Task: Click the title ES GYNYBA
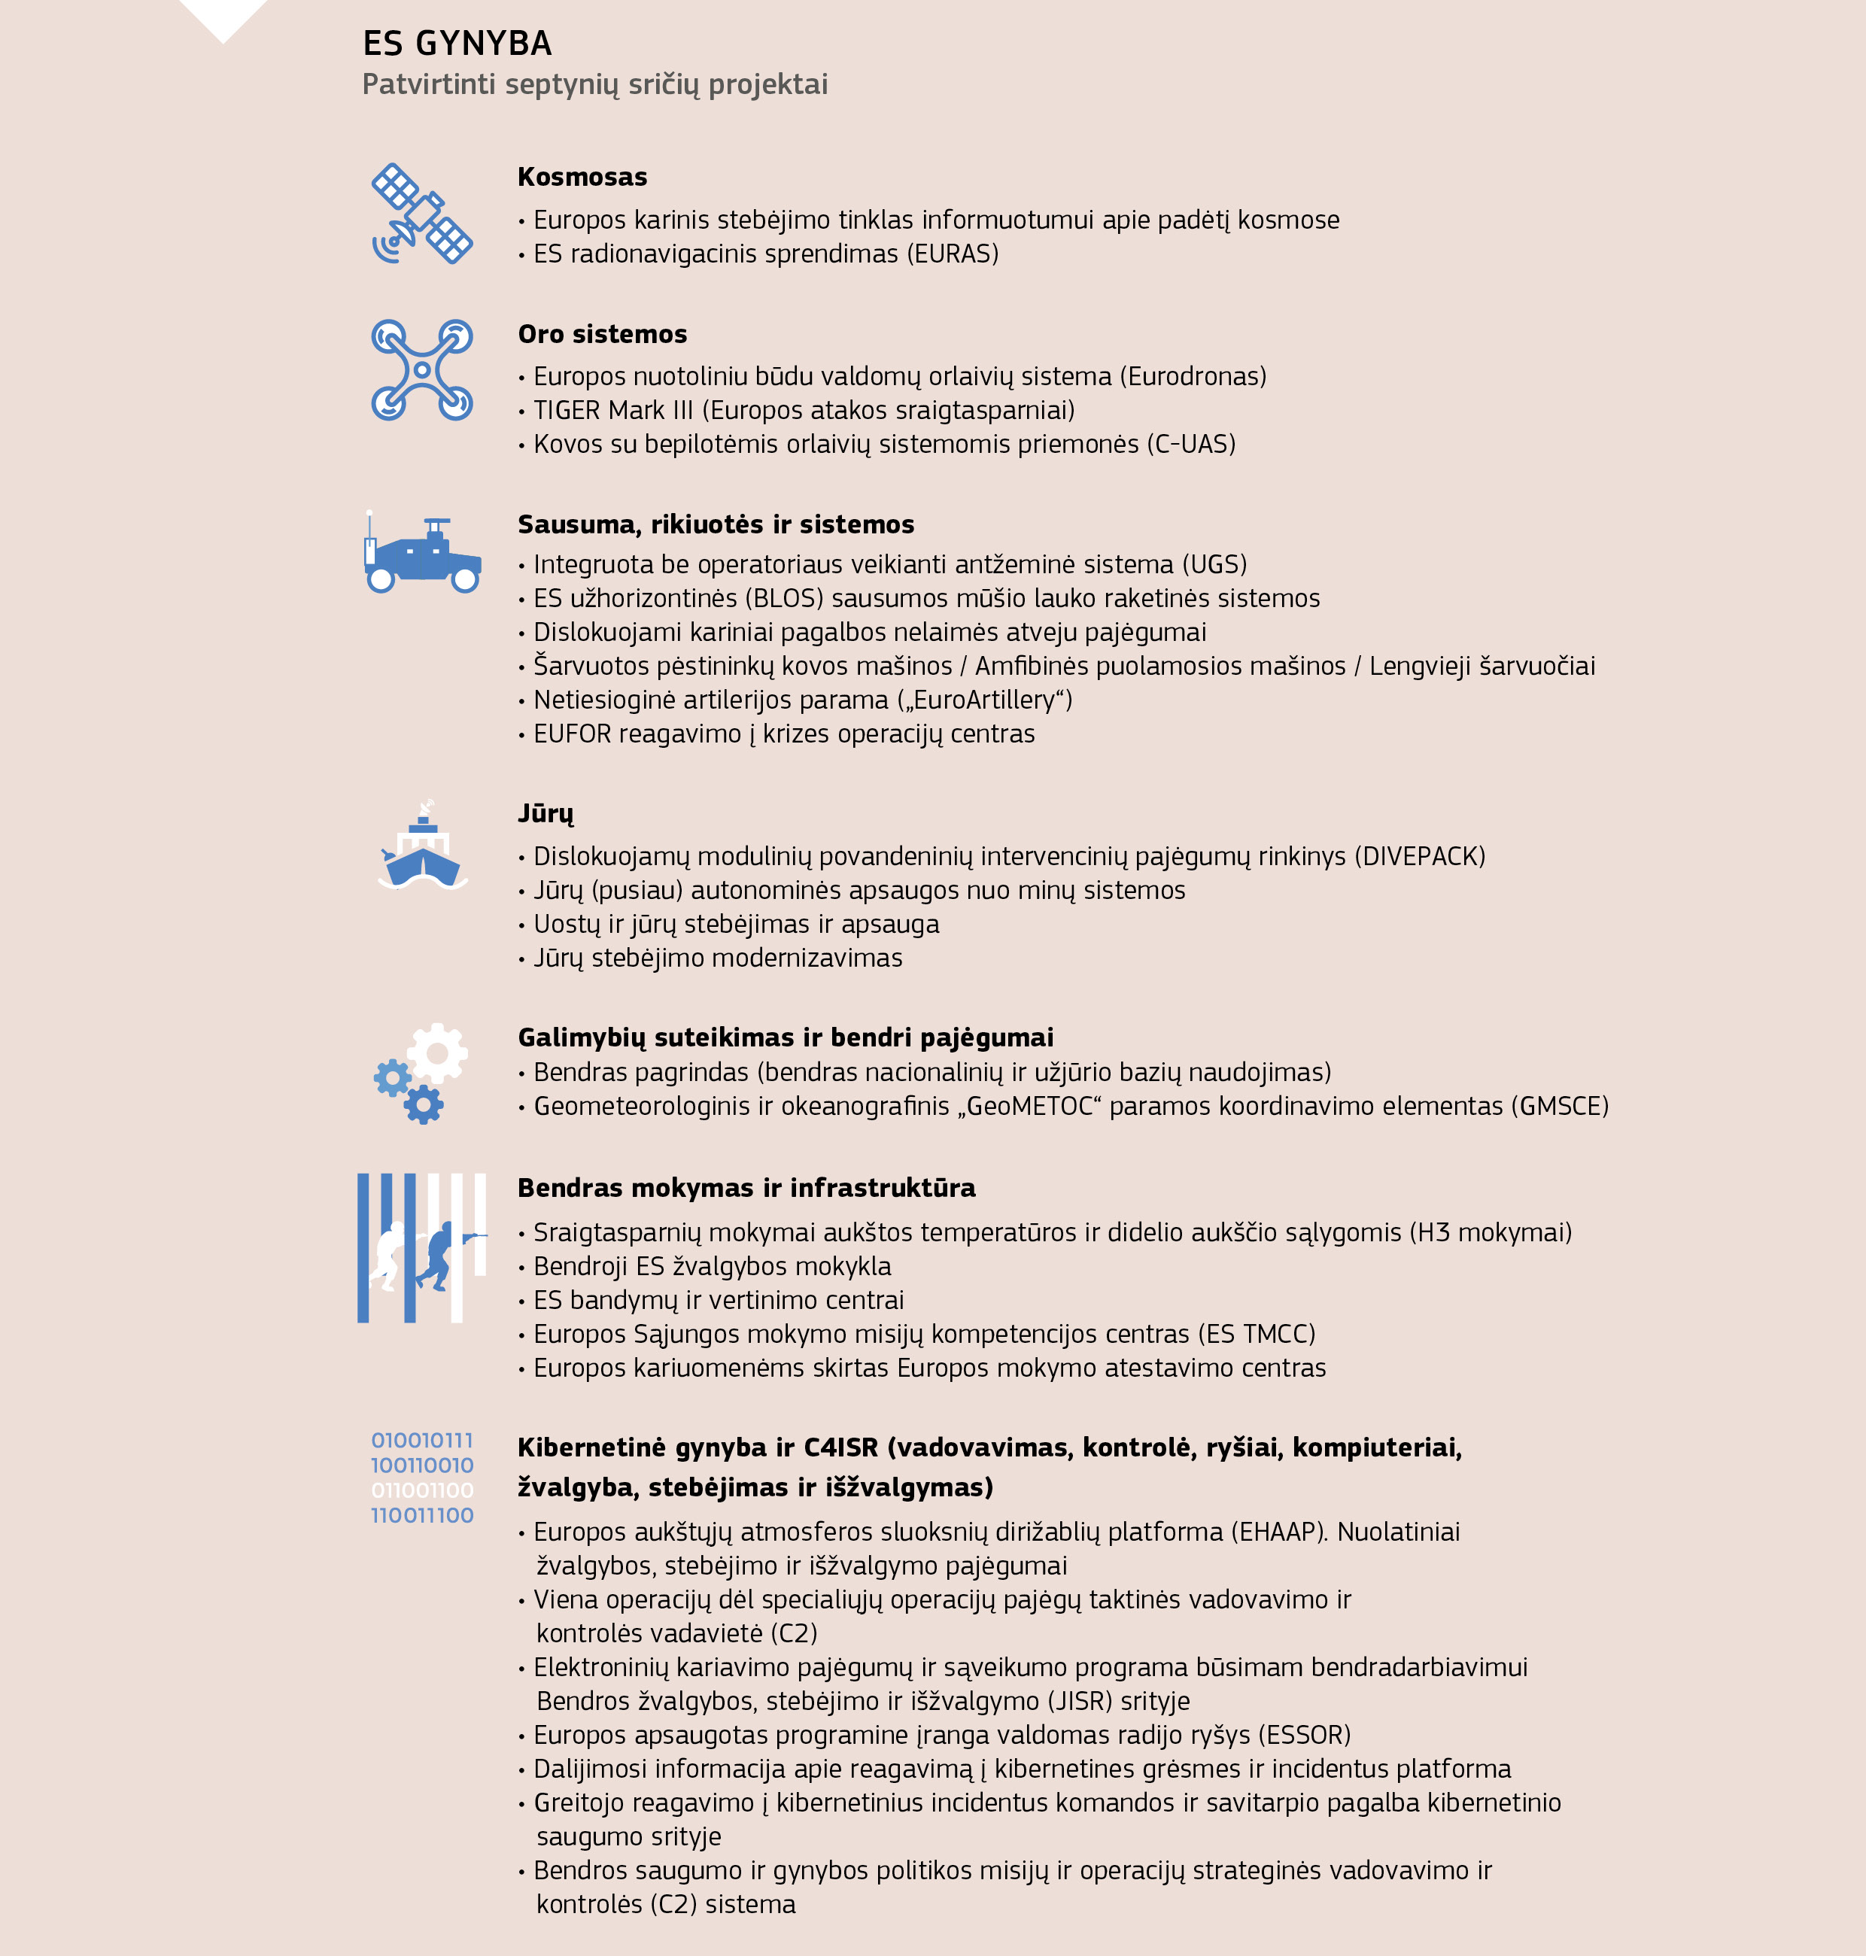point(457,44)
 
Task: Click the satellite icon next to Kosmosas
point(422,214)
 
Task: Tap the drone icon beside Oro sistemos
point(422,370)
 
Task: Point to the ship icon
point(423,851)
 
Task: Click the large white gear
point(438,1051)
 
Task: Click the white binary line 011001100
point(422,1490)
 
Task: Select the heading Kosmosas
point(582,177)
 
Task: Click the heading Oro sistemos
point(602,334)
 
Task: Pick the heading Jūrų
point(545,813)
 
